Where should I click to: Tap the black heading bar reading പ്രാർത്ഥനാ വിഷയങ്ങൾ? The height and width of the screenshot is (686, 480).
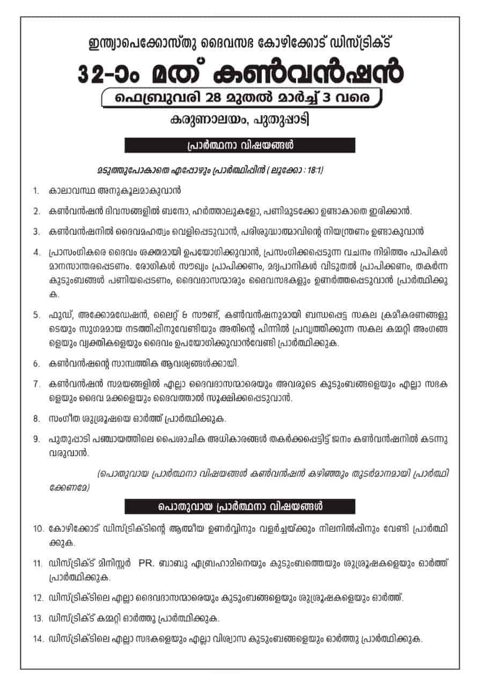point(240,145)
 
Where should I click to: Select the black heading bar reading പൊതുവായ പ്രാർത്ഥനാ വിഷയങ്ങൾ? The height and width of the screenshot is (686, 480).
point(240,506)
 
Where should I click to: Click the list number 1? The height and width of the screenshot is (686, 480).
point(35,190)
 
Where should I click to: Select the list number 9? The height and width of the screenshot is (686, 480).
point(36,439)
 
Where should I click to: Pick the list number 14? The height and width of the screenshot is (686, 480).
point(38,639)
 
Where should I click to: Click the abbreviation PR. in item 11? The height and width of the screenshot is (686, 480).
point(146,563)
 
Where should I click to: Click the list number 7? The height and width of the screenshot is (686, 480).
point(36,384)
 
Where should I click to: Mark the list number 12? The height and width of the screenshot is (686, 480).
point(38,598)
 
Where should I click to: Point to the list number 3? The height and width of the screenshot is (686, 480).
point(36,232)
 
